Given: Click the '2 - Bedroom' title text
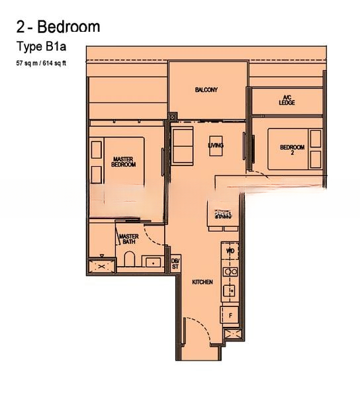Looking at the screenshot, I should (58, 26).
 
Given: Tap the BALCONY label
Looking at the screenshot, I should (206, 89).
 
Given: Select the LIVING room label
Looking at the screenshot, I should (215, 145).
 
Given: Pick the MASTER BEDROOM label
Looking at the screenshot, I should (124, 161).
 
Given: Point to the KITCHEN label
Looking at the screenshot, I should (202, 283).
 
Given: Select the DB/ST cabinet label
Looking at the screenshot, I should (175, 263).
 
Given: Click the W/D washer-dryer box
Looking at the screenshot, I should (230, 252).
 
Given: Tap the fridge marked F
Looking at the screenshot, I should (230, 315).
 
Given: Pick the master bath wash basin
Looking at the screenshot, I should (154, 263).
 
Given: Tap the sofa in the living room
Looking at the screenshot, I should (182, 146).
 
